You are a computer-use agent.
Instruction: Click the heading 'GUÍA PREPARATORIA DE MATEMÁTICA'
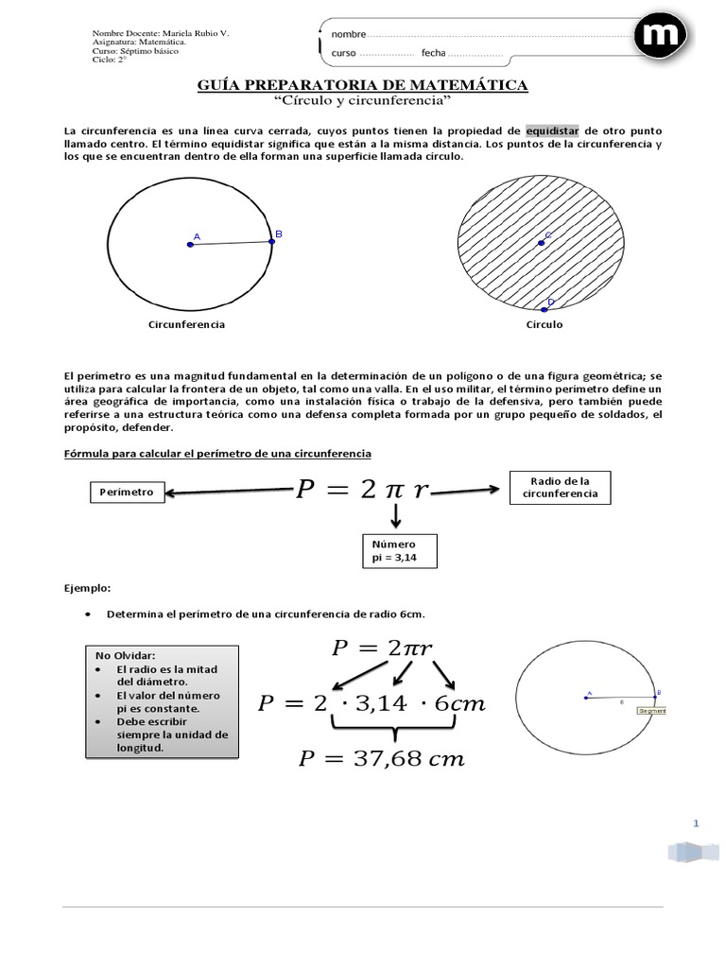point(362,86)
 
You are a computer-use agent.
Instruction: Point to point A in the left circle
point(191,244)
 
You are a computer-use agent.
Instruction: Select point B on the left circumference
point(272,241)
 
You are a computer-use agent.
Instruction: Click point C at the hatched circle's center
point(542,243)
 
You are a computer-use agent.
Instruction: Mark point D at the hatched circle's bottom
point(544,308)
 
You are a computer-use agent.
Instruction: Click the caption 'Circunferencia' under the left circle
point(187,324)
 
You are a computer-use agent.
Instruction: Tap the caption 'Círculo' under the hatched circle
point(544,324)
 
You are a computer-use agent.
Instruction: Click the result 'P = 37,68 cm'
point(382,759)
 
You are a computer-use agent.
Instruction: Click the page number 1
point(695,824)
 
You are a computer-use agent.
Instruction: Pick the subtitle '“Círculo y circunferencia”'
point(362,100)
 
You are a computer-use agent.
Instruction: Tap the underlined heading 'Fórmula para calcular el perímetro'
point(218,455)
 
